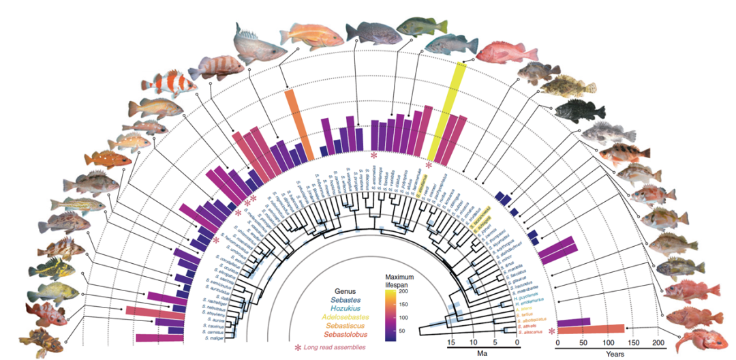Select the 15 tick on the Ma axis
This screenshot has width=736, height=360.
point(450,342)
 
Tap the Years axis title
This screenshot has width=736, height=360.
point(609,354)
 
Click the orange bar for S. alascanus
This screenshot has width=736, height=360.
point(590,329)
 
